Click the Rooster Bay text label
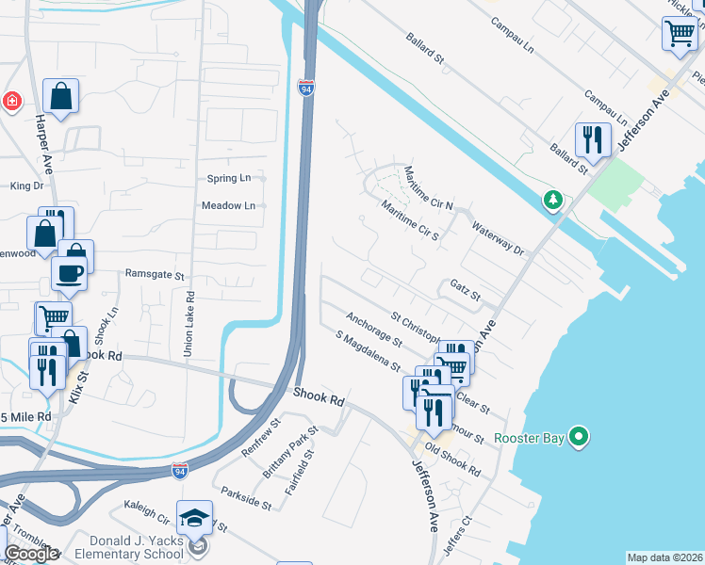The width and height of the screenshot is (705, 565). click(533, 437)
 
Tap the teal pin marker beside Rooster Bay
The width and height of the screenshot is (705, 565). click(579, 437)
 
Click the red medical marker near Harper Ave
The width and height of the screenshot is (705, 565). click(11, 101)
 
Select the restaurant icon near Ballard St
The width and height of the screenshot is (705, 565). click(593, 139)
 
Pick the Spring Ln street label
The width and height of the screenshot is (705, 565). click(229, 178)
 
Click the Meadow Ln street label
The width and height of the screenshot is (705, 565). click(228, 205)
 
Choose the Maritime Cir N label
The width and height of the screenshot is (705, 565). click(429, 188)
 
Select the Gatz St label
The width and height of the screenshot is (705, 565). click(466, 289)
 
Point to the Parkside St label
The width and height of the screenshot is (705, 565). click(246, 498)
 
